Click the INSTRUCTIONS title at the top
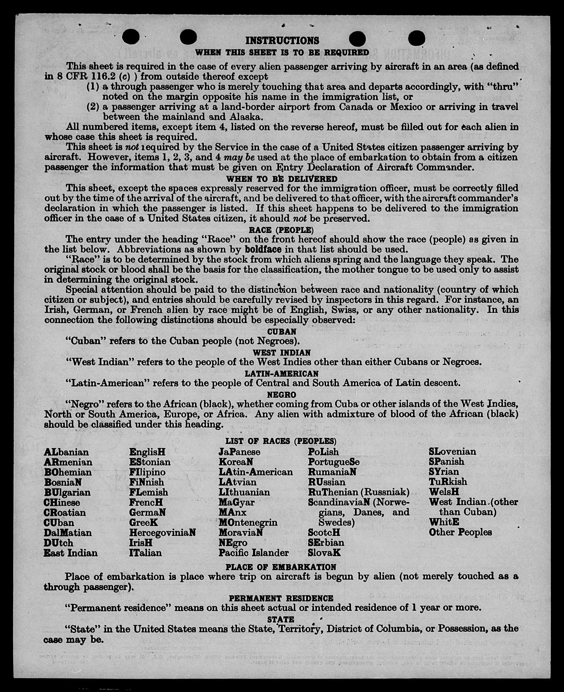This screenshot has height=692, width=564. click(x=282, y=40)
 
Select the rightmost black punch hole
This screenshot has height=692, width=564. click(x=416, y=38)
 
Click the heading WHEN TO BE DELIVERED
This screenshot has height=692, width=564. click(x=282, y=179)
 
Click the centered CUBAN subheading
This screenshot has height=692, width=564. click(x=282, y=332)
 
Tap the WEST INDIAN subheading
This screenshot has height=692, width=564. click(x=282, y=353)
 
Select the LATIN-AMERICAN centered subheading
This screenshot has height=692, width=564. click(x=281, y=374)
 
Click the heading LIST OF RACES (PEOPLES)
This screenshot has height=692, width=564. click(x=281, y=441)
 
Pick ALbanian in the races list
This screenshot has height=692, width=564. click(x=66, y=452)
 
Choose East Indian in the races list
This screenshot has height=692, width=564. click(x=71, y=553)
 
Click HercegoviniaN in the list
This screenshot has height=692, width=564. click(x=162, y=533)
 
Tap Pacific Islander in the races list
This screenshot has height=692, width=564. click(x=253, y=553)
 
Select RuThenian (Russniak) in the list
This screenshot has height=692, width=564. click(x=359, y=492)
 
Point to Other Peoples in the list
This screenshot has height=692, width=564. click(x=460, y=532)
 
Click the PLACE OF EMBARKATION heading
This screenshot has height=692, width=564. click(x=281, y=567)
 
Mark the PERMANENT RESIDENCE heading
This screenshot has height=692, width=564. click(x=281, y=598)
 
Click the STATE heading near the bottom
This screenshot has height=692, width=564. click(x=281, y=619)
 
